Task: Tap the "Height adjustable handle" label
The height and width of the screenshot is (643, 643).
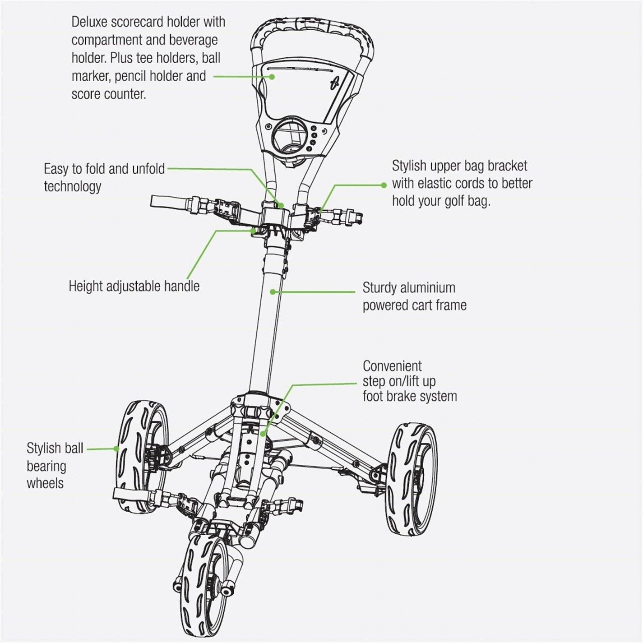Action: pos(134,286)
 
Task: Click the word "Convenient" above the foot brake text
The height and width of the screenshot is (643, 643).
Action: pos(392,365)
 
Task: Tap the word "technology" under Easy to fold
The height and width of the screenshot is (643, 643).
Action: pos(73,186)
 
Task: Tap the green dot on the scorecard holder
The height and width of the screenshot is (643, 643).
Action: pos(272,77)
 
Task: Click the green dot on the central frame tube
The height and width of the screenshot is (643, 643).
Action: pos(273,292)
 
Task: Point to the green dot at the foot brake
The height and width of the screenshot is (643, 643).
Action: pos(263,434)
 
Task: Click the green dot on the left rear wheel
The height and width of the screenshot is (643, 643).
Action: pos(116,449)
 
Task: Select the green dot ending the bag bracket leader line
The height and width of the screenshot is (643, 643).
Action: pos(384,185)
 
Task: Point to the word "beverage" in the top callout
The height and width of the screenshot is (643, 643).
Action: pos(194,40)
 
